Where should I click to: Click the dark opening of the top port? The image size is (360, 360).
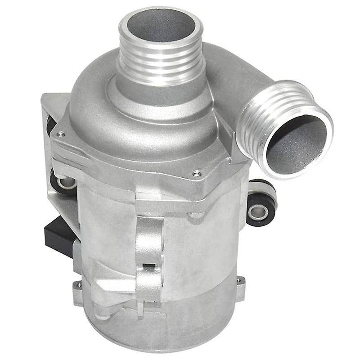(x=160, y=27)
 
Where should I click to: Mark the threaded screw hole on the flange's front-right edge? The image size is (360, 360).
(x=196, y=172)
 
